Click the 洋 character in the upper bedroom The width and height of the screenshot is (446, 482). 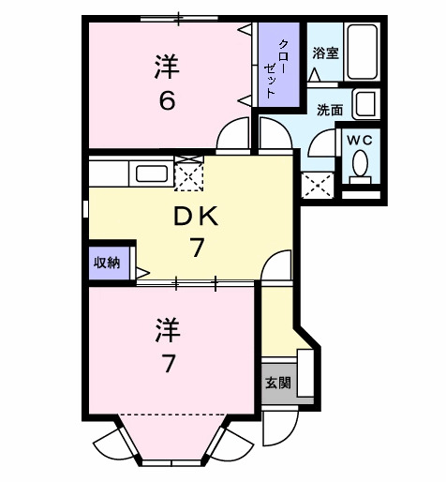167,67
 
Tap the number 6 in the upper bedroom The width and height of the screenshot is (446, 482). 167,100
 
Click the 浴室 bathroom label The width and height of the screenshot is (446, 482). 326,53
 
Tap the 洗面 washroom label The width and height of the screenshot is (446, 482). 329,110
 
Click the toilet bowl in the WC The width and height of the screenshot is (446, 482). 360,165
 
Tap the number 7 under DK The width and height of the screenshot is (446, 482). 197,249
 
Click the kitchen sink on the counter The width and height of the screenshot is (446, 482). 151,173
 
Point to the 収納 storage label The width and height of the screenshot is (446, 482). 106,263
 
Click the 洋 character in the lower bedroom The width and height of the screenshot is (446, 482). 167,330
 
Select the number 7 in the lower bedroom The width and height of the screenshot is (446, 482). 167,364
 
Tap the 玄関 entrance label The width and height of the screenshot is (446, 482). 277,383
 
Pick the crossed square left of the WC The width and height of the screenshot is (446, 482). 317,182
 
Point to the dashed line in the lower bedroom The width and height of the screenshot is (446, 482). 172,414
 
